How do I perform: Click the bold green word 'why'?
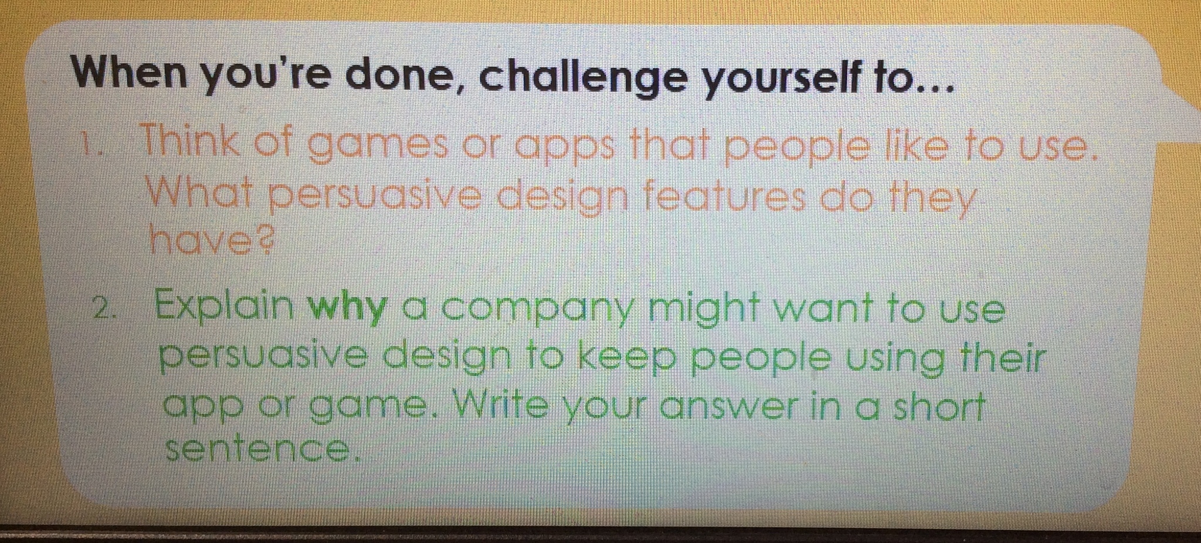point(347,308)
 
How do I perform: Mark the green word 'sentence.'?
point(261,449)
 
